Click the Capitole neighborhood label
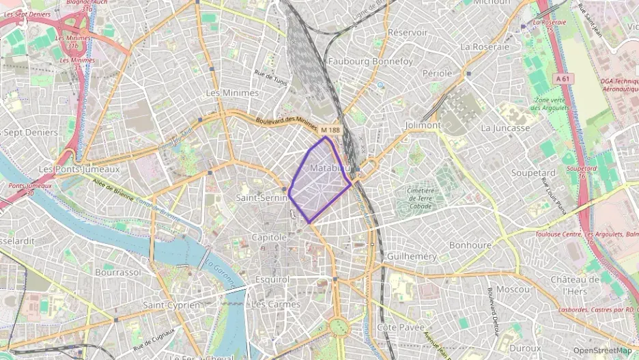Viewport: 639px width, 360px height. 270,237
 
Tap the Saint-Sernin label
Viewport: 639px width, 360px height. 263,197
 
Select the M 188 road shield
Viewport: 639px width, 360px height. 330,130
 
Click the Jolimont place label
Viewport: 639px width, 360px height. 423,126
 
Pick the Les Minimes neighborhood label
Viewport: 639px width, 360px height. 232,92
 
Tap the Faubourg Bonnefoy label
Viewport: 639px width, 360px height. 371,61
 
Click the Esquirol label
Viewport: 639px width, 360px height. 272,279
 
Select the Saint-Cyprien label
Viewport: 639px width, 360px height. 172,305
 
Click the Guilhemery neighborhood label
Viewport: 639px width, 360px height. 412,255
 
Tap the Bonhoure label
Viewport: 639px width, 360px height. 470,245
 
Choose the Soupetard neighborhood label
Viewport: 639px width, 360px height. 533,173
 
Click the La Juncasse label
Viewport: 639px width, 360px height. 505,128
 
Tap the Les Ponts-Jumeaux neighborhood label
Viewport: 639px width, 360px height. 79,169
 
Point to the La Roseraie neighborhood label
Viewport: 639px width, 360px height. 485,46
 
